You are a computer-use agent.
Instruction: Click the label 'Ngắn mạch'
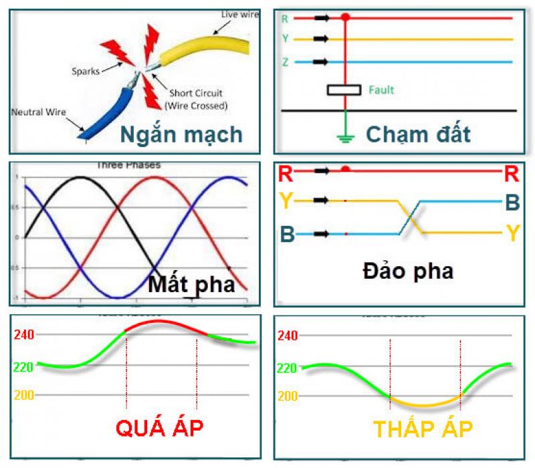click(181, 134)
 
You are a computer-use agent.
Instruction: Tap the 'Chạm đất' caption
click(418, 134)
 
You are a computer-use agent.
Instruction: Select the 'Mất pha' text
click(191, 285)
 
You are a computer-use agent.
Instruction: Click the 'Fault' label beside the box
click(382, 90)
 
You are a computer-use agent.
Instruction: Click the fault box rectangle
click(344, 90)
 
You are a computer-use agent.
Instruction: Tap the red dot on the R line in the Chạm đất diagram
click(345, 17)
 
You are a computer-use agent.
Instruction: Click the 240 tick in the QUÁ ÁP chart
click(24, 334)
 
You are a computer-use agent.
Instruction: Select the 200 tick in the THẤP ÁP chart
click(288, 396)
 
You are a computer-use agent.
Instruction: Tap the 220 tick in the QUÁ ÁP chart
click(24, 366)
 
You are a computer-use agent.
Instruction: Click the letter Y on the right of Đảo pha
click(512, 233)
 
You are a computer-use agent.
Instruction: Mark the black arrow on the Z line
click(322, 62)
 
